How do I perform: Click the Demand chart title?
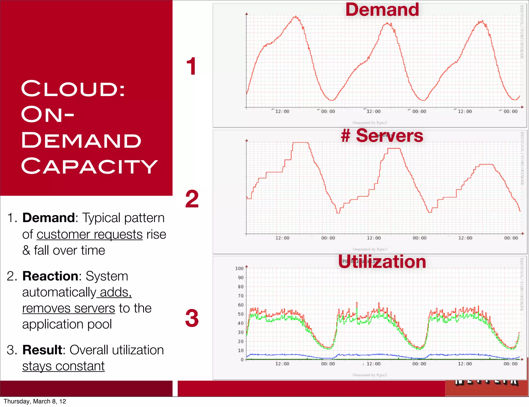coord(382,10)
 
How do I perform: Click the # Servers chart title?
coord(382,136)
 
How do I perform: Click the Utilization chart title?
coord(382,262)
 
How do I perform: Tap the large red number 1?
coord(191,66)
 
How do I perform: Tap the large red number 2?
coord(192,199)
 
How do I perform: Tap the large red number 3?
coord(192,318)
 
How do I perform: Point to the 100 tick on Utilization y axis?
coord(239,269)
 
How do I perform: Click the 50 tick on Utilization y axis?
coord(241,314)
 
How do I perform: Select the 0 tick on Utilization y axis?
coord(242,359)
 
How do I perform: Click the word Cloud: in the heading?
coord(73,89)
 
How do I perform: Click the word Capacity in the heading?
coord(89,166)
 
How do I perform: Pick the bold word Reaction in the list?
coord(50,276)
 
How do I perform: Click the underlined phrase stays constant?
coord(64,366)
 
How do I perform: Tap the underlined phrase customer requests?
coord(90,234)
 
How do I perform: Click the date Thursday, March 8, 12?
coord(35,401)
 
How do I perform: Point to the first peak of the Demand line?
coord(295,17)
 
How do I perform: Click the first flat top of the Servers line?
coord(300,143)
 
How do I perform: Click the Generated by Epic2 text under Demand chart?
coord(370,123)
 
